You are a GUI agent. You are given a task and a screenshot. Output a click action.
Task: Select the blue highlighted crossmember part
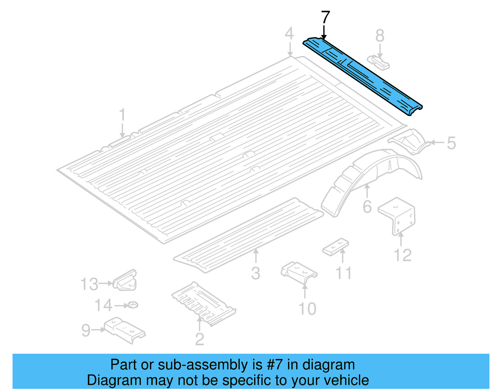click(361, 75)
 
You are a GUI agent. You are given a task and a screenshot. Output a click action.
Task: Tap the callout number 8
click(380, 36)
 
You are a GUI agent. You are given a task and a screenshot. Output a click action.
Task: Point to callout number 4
click(289, 34)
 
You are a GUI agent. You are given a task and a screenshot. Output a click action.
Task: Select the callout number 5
click(451, 143)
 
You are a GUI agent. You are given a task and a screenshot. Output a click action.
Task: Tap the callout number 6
click(367, 207)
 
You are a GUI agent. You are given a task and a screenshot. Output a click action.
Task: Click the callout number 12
click(403, 255)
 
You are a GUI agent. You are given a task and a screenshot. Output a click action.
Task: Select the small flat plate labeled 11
click(336, 247)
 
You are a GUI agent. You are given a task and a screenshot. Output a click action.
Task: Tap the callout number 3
click(255, 273)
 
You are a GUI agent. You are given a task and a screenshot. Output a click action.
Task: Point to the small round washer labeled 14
click(133, 304)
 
